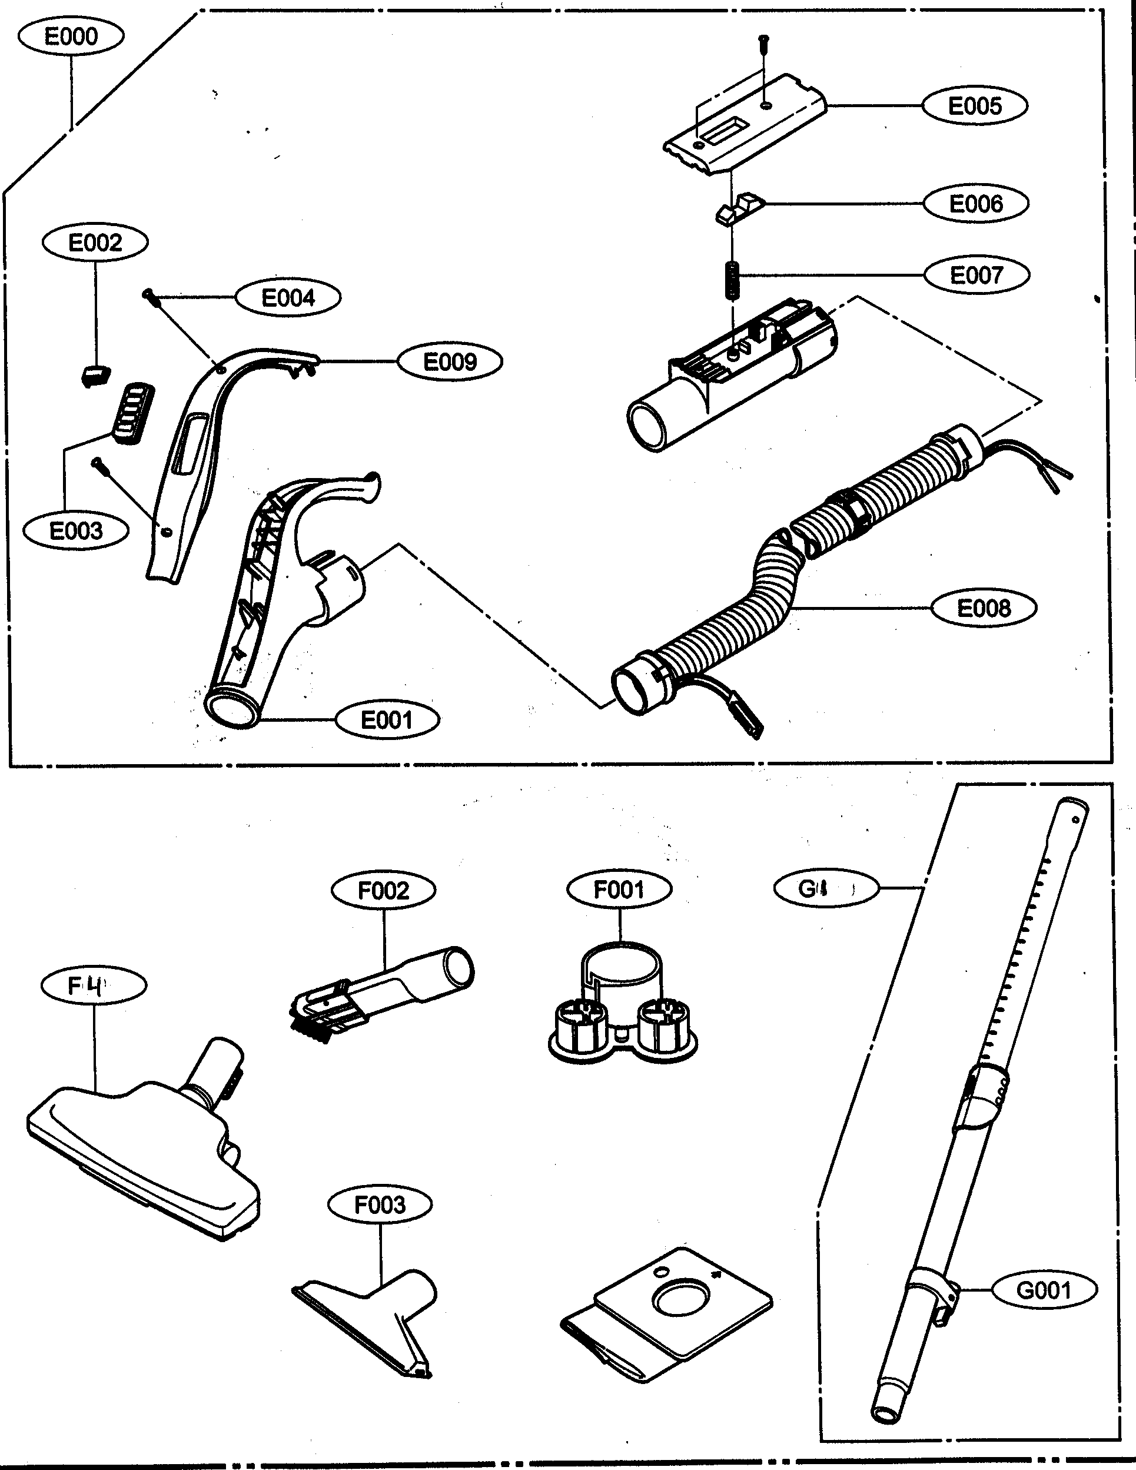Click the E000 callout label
click(70, 36)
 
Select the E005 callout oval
click(974, 106)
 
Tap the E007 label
click(976, 274)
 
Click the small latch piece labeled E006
click(738, 207)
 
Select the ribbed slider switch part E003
click(133, 413)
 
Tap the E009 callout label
click(450, 361)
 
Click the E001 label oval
click(386, 720)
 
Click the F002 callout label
click(383, 891)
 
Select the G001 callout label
click(1044, 1290)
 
